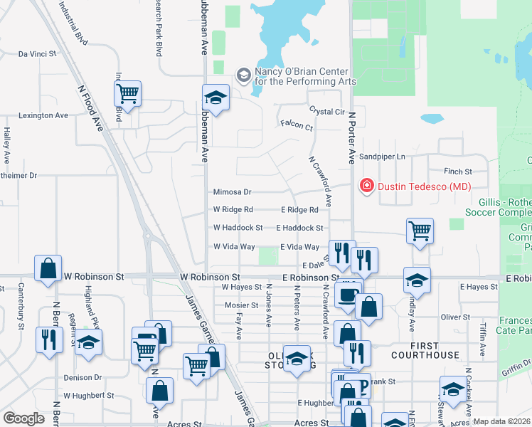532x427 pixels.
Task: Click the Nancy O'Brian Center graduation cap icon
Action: (x=243, y=74)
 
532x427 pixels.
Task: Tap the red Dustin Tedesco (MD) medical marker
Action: (x=367, y=186)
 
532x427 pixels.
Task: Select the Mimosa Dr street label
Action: (x=233, y=192)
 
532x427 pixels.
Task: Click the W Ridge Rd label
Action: (x=233, y=210)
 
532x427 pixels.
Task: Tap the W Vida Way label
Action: (x=234, y=246)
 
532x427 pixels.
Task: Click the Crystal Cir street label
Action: (x=326, y=112)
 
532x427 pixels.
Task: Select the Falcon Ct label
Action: (x=297, y=127)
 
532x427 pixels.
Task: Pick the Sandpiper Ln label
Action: (x=381, y=157)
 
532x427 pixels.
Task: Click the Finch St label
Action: (x=458, y=172)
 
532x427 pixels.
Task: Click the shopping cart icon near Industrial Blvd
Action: (x=127, y=93)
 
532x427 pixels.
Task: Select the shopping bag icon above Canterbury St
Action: (x=48, y=268)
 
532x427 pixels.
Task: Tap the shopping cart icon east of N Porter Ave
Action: (x=420, y=231)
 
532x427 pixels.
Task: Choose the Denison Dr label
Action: (x=83, y=377)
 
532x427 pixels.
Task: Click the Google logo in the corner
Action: (x=23, y=418)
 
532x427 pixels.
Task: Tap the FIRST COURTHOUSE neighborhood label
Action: (x=425, y=354)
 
